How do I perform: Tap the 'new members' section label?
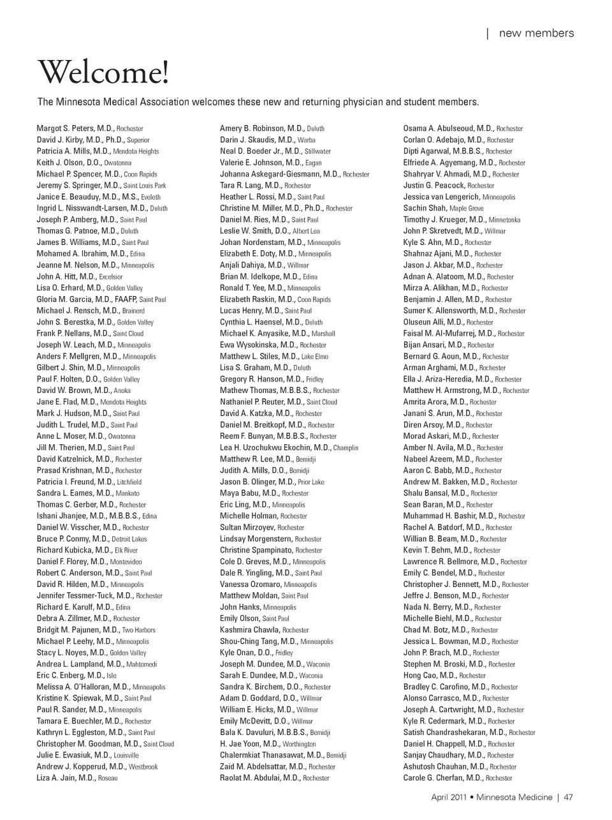[536, 33]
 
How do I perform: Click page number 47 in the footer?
[569, 796]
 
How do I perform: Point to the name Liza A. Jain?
[56, 778]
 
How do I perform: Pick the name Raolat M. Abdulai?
[250, 778]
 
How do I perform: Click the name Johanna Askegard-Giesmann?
[270, 174]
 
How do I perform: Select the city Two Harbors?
[139, 630]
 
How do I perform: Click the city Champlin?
[346, 448]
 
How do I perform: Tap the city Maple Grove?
[467, 209]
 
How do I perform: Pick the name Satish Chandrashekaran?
[445, 733]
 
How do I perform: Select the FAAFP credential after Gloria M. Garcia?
[125, 299]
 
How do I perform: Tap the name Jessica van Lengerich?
[441, 197]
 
